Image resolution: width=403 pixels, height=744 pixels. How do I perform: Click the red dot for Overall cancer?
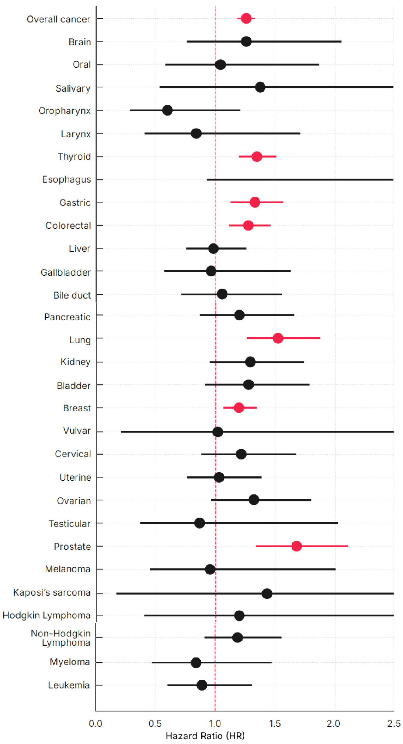(x=246, y=18)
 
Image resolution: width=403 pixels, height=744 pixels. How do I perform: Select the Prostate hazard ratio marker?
(x=296, y=546)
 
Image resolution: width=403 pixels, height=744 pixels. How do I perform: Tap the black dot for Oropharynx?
(x=167, y=110)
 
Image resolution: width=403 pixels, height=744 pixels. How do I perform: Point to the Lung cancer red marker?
(x=278, y=338)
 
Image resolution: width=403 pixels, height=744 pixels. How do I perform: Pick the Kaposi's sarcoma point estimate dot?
(x=267, y=593)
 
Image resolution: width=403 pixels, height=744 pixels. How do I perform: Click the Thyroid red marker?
(x=257, y=156)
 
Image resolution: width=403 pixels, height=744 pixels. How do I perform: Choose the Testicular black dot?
(x=199, y=523)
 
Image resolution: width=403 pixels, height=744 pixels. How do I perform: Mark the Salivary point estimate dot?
(x=260, y=87)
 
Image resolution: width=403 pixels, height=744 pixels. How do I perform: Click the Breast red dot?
(x=239, y=408)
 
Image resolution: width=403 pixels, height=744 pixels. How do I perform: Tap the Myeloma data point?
(x=196, y=663)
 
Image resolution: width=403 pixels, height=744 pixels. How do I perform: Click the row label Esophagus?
(x=66, y=180)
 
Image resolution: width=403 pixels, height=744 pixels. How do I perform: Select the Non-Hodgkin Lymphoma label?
(x=61, y=638)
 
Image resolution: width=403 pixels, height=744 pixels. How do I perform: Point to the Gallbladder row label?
(x=66, y=272)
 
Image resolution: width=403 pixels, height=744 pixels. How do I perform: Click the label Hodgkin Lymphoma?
(x=46, y=615)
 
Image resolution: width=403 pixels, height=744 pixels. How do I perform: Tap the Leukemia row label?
(x=69, y=685)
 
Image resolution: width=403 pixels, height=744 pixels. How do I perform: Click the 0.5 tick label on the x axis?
(x=155, y=724)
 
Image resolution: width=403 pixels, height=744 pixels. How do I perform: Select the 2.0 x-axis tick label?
(x=333, y=724)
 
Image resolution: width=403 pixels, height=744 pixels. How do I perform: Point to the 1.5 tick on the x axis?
(x=275, y=724)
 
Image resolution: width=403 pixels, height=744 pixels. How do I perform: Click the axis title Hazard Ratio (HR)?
(x=205, y=736)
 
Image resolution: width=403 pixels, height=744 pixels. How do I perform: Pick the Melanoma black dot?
(x=210, y=569)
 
